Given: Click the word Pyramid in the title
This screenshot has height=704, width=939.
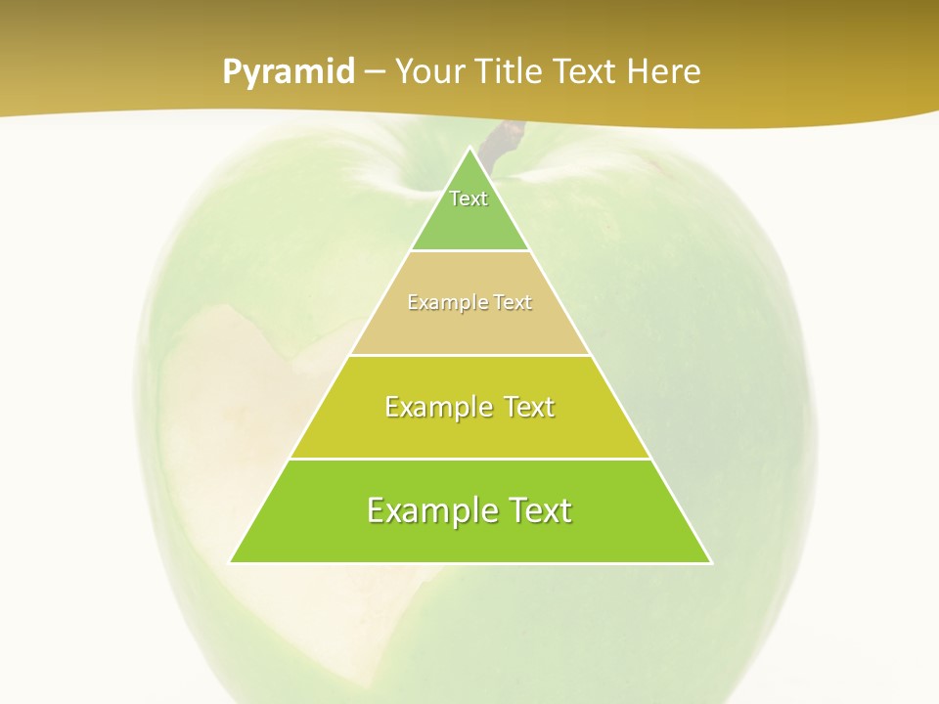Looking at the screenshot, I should [289, 72].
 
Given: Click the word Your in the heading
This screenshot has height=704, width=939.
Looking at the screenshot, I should [430, 72].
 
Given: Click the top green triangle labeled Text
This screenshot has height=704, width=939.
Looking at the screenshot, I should [469, 210].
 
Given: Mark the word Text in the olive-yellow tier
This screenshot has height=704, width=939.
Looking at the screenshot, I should [527, 407].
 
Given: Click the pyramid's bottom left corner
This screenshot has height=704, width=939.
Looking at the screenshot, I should [232, 561].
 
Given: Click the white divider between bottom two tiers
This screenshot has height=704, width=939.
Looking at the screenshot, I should [469, 459].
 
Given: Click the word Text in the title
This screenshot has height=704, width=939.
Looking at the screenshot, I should [585, 72].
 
